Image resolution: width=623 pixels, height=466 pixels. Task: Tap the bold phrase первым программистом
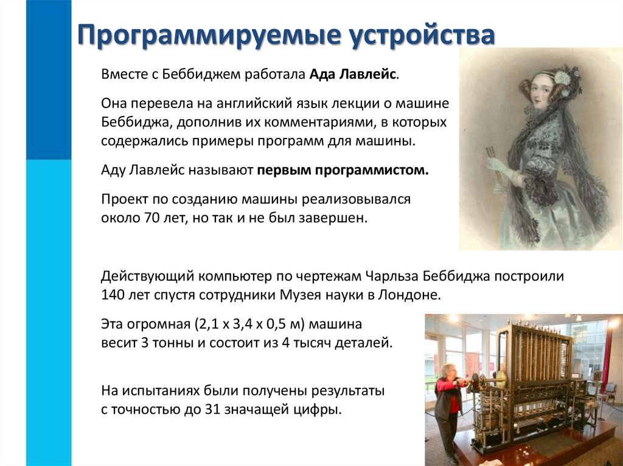[x=343, y=170]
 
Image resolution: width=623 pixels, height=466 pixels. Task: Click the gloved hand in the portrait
[x=496, y=165]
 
